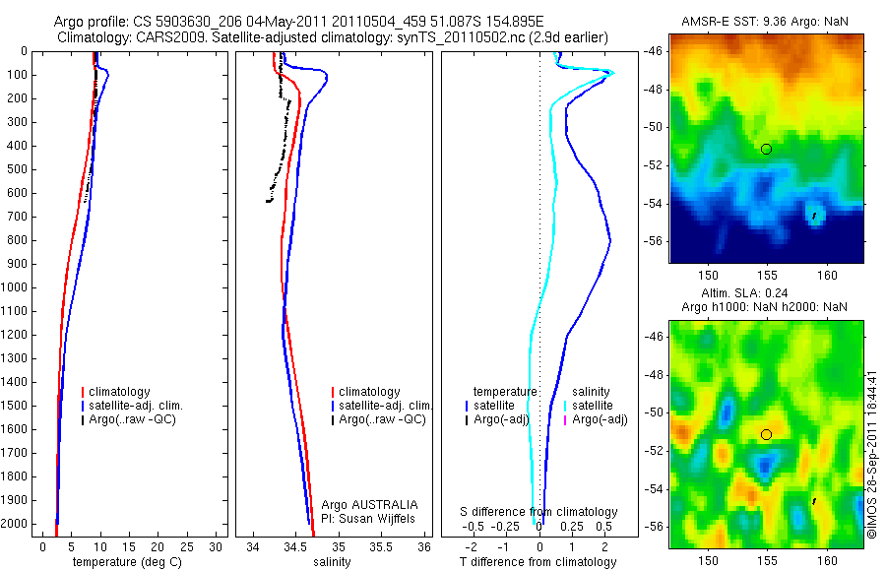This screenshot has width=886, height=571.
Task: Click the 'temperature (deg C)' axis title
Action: pyautogui.click(x=122, y=562)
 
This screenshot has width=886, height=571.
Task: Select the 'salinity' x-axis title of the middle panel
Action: pyautogui.click(x=331, y=562)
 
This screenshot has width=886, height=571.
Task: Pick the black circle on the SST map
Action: pyautogui.click(x=766, y=149)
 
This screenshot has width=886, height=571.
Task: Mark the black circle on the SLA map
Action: pyautogui.click(x=766, y=434)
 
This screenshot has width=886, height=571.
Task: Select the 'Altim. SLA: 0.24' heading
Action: pyautogui.click(x=765, y=292)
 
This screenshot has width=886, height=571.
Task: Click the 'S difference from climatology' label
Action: pyautogui.click(x=539, y=512)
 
